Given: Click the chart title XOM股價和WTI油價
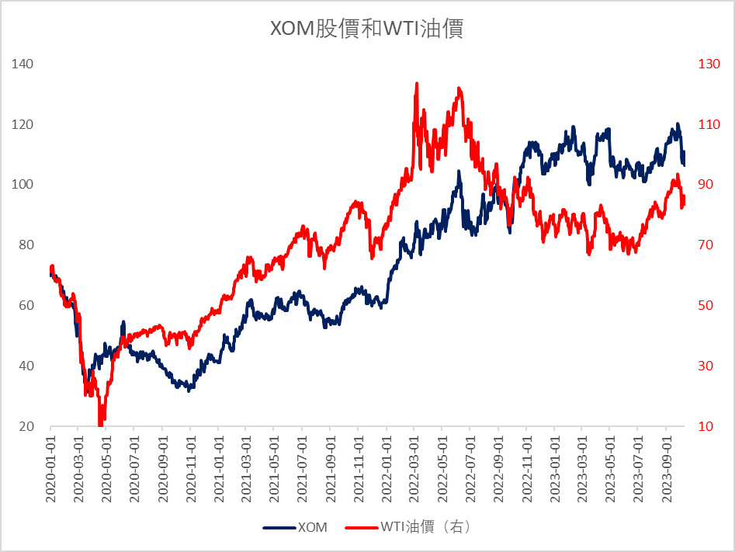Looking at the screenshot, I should tap(366, 30).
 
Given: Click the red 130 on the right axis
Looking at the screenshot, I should tap(709, 64).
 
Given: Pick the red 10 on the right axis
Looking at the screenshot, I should tap(706, 426).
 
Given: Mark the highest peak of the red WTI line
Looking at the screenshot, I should tap(417, 83).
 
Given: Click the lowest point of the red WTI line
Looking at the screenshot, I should tap(100, 424).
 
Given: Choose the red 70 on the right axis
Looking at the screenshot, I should tap(706, 245).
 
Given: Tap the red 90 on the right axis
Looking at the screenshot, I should tap(706, 185).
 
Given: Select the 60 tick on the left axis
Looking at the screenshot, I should tap(26, 305).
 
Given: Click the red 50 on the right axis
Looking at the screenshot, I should tap(706, 305).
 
